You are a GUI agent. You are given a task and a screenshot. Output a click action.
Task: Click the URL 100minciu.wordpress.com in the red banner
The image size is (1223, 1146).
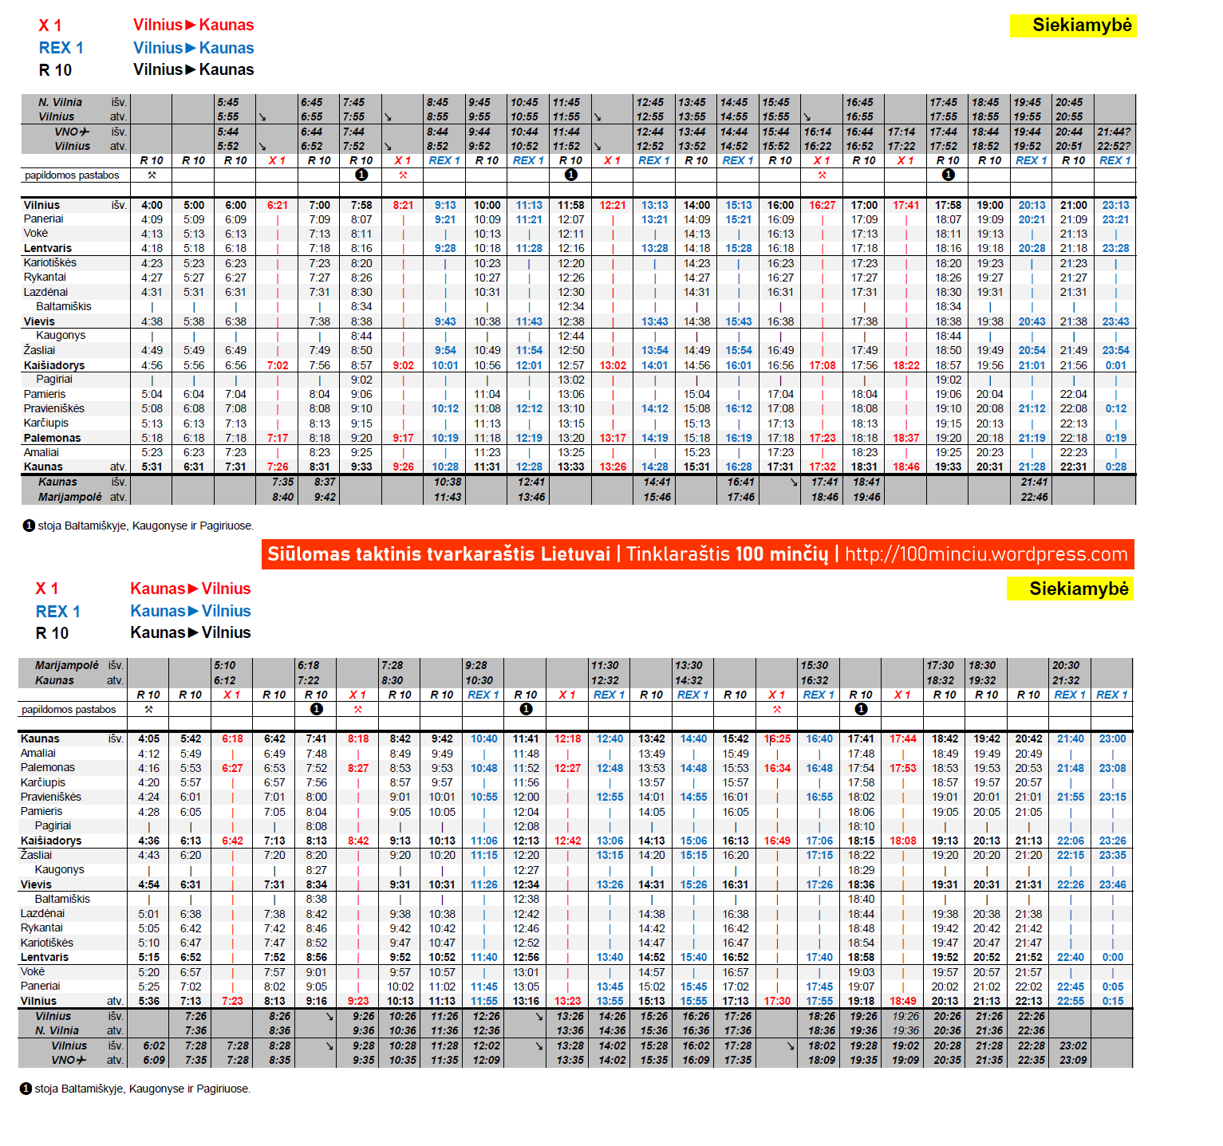pyautogui.click(x=986, y=554)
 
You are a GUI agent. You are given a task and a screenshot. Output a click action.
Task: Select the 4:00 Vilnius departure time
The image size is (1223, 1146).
pyautogui.click(x=152, y=205)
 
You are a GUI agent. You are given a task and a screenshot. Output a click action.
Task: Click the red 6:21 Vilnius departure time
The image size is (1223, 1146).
pyautogui.click(x=278, y=205)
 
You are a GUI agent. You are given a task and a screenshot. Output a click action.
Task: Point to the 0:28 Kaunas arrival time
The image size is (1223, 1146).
pyautogui.click(x=1115, y=467)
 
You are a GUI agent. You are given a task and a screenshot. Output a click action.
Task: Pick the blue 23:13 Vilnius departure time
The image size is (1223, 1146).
pyautogui.click(x=1115, y=205)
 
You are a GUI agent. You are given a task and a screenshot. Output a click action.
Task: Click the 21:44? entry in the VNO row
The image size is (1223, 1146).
pyautogui.click(x=1114, y=132)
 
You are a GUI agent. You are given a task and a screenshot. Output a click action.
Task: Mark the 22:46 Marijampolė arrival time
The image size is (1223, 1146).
pyautogui.click(x=1034, y=497)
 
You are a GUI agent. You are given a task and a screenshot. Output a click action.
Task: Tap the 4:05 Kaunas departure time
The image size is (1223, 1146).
pyautogui.click(x=148, y=738)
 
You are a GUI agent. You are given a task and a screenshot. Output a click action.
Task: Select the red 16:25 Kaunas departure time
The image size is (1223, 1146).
pyautogui.click(x=777, y=738)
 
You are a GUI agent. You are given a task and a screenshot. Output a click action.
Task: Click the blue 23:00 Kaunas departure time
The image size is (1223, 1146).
pyautogui.click(x=1112, y=738)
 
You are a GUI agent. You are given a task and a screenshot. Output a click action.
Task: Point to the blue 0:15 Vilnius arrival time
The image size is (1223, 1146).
pyautogui.click(x=1112, y=1001)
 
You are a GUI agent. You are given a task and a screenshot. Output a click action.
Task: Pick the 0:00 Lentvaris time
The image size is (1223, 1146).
pyautogui.click(x=1112, y=957)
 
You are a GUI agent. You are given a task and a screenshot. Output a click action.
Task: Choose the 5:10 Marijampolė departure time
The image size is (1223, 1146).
pyautogui.click(x=225, y=665)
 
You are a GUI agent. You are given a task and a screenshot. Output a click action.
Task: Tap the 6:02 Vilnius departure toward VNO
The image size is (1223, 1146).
pyautogui.click(x=154, y=1046)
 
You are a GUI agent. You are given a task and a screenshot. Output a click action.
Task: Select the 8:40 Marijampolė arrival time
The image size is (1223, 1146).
pyautogui.click(x=282, y=497)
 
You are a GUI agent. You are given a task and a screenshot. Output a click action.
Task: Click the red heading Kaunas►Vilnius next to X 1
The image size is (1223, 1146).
pyautogui.click(x=191, y=589)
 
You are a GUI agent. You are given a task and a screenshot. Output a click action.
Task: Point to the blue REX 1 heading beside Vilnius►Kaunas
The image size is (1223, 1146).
pyautogui.click(x=61, y=48)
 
